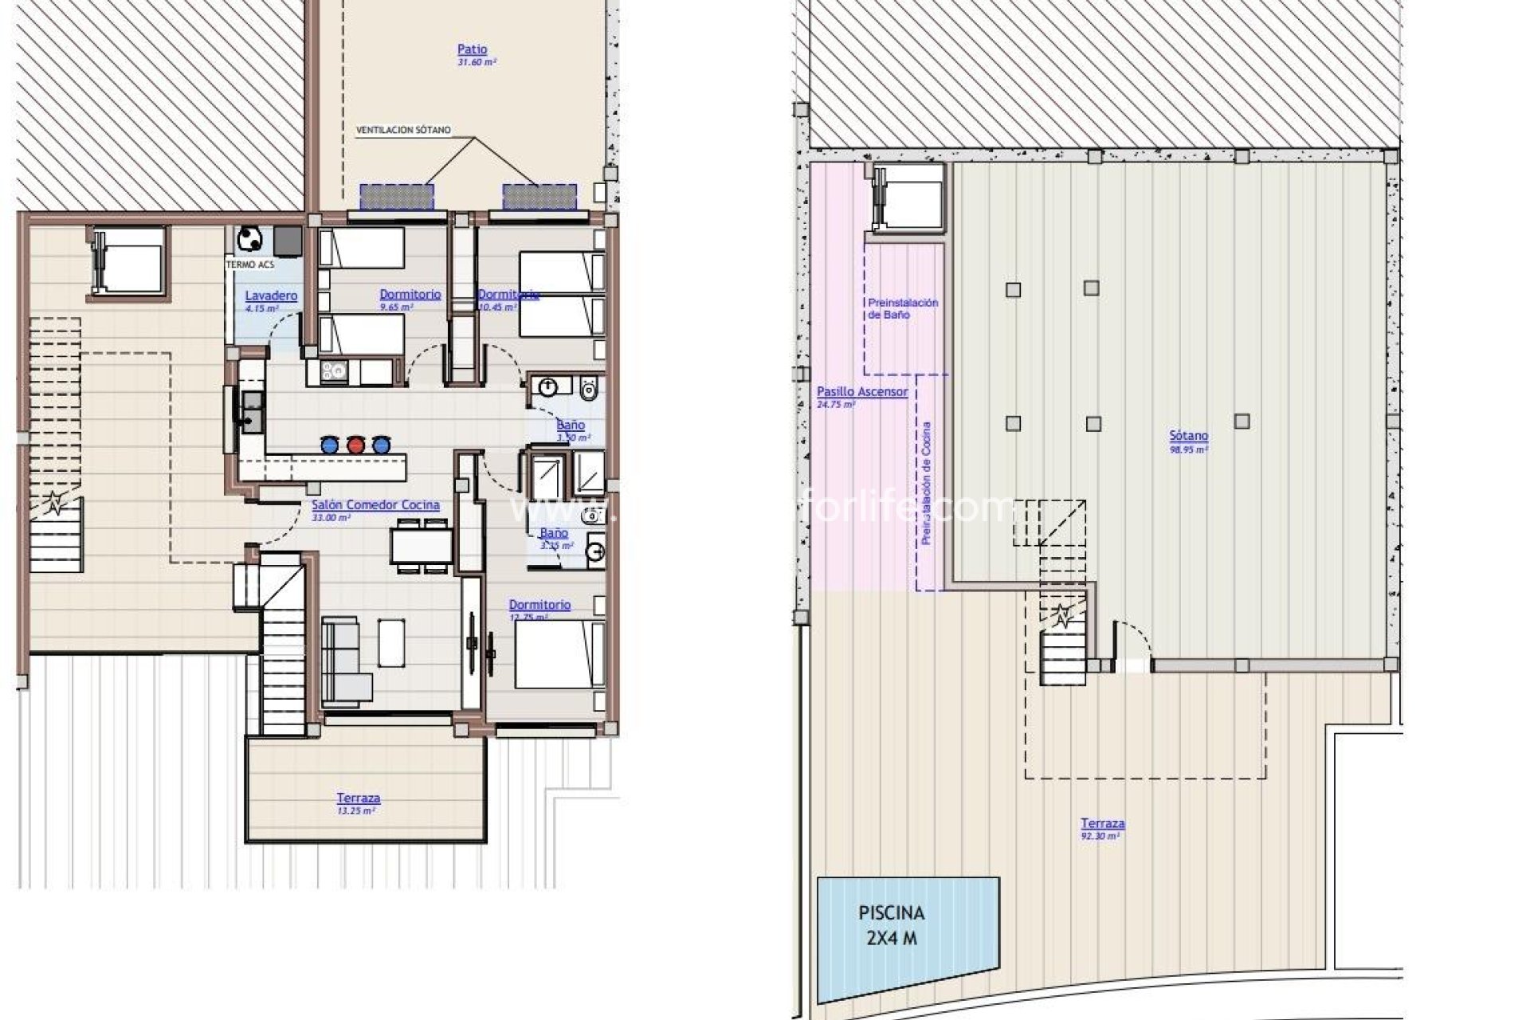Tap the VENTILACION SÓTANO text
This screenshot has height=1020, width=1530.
403,130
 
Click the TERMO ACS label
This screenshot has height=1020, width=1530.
249,264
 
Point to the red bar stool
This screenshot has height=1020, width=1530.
355,444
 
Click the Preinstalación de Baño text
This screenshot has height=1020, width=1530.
903,308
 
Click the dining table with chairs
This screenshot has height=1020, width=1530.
422,546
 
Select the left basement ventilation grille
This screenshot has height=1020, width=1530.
397,197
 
